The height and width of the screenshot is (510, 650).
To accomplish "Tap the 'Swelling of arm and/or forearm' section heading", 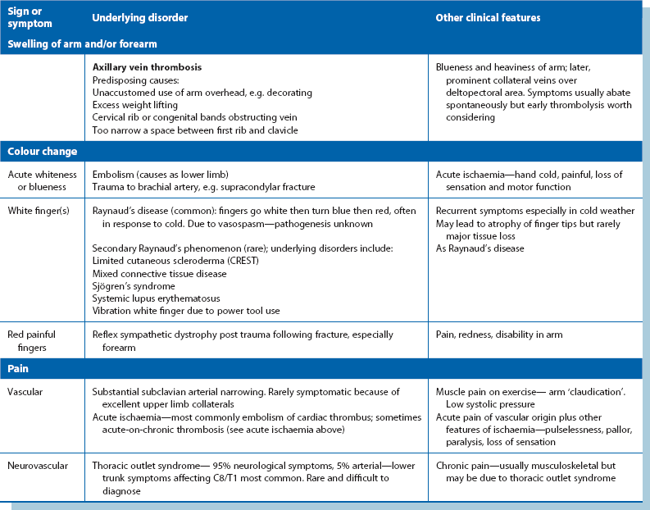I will tap(82, 43).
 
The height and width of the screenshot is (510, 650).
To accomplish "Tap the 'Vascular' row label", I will tap(27, 392).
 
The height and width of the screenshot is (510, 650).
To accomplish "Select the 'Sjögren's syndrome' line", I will tap(134, 287).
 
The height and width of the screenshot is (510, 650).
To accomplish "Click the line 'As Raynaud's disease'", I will tap(480, 248).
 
